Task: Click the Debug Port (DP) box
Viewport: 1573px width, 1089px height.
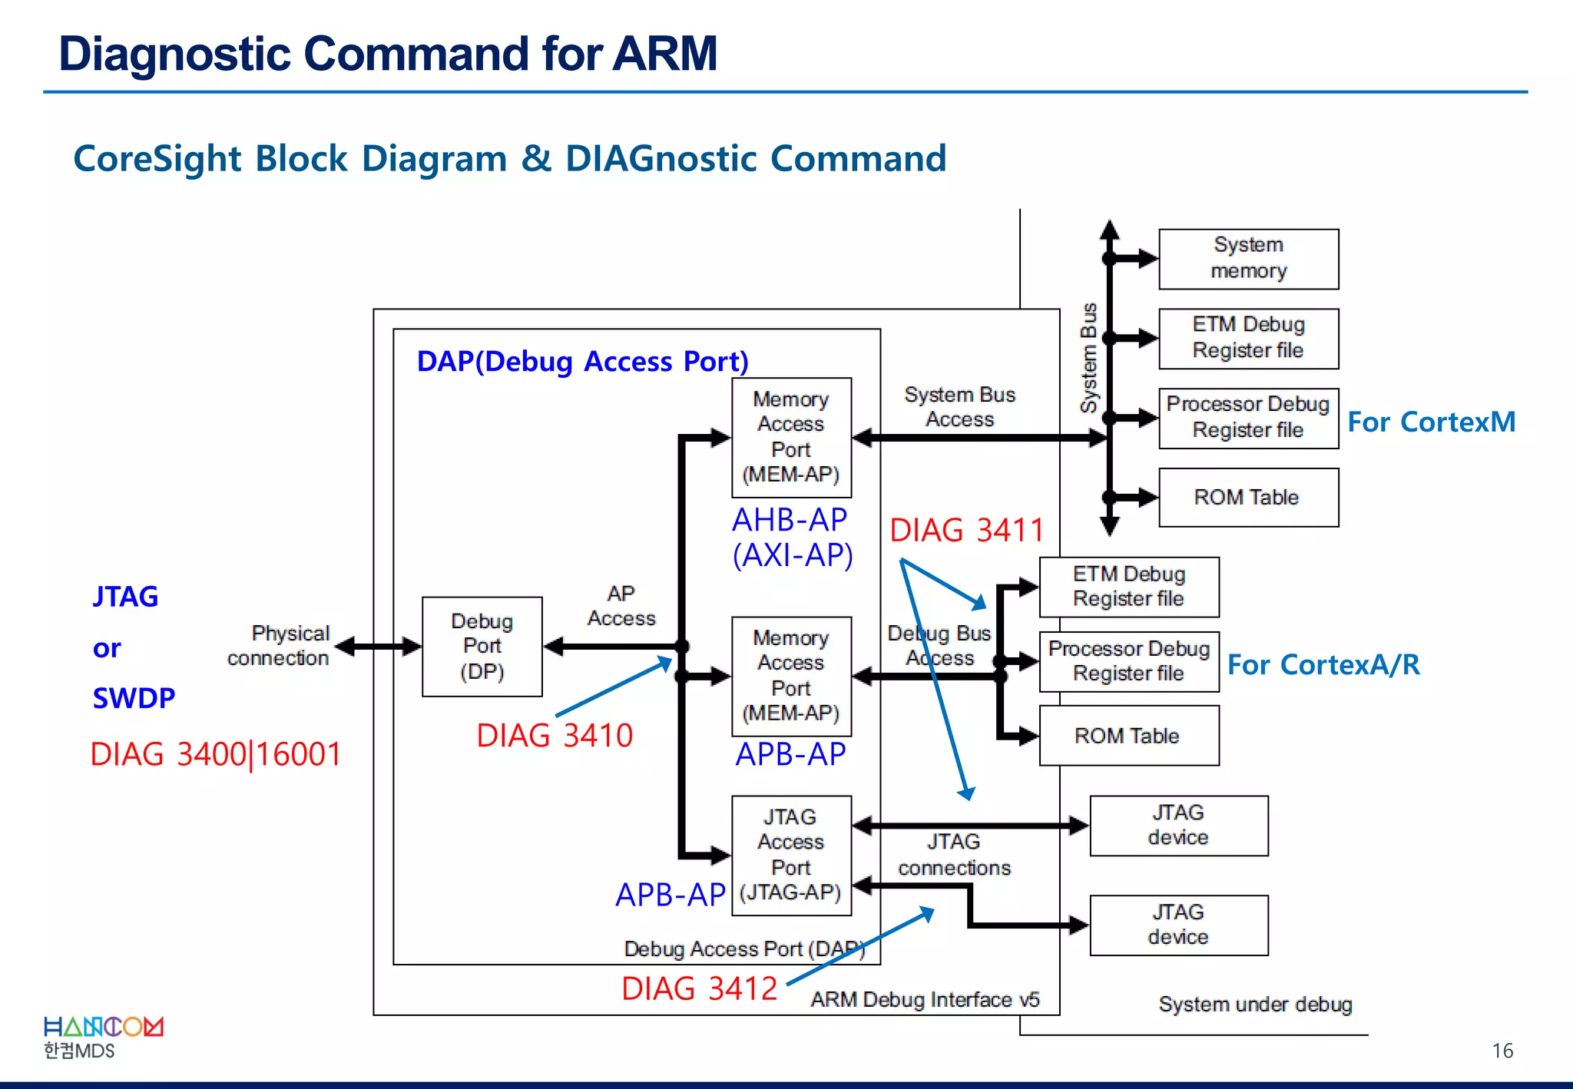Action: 482,646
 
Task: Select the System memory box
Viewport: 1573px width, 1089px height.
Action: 1248,259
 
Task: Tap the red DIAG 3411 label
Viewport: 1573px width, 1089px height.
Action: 967,531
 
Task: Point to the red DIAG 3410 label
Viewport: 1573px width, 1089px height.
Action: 555,736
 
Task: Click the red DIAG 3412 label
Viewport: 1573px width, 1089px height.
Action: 699,988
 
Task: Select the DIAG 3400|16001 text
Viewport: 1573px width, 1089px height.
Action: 216,754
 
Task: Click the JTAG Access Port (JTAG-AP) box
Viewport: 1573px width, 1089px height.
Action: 791,855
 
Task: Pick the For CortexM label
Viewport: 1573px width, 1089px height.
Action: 1431,422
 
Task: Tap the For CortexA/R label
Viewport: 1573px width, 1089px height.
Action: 1323,665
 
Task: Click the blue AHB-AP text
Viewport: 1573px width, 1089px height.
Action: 790,520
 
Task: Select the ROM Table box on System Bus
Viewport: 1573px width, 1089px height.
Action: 1248,498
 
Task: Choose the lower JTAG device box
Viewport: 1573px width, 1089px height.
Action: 1178,925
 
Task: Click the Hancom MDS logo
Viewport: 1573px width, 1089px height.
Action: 103,1038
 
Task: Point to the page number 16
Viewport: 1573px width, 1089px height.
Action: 1502,1051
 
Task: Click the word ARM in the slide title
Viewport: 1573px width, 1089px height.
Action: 664,54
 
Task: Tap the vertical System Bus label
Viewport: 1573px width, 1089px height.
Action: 1088,358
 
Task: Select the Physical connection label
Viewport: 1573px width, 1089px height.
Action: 279,645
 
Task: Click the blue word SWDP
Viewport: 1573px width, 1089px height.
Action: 134,698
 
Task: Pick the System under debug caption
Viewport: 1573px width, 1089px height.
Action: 1255,1005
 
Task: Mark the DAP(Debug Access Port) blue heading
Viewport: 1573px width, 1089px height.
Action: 582,361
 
